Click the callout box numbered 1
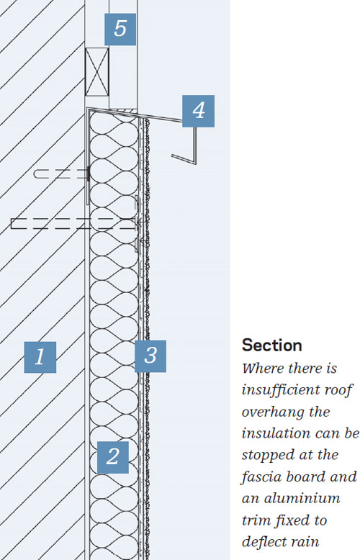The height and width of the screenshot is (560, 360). (40, 357)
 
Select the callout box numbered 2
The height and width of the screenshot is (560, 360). (113, 457)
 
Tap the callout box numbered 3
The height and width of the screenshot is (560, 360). (150, 356)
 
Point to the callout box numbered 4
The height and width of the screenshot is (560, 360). (198, 111)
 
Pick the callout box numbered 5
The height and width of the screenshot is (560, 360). (120, 30)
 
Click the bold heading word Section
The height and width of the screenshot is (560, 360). (271, 346)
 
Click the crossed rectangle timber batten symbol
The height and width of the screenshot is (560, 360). (96, 72)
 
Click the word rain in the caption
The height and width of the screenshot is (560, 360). (307, 542)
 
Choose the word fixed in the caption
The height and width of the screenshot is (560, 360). (290, 520)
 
